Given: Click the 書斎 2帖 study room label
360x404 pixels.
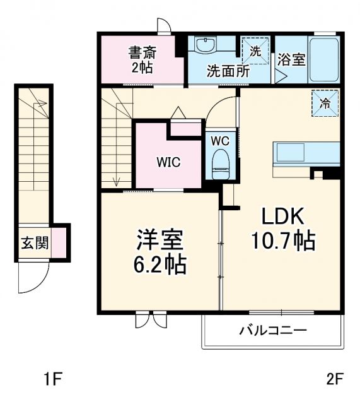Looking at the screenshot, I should click(x=143, y=59).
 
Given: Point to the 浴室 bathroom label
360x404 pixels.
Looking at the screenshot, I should click(x=291, y=60).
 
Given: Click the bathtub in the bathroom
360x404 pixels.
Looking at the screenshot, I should click(x=325, y=59).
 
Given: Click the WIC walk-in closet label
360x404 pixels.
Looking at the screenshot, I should click(x=168, y=162).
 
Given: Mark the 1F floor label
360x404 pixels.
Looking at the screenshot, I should click(x=53, y=379).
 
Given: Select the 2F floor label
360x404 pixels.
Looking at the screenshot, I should click(x=334, y=379).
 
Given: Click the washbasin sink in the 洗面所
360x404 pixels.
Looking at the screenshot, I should click(x=205, y=45).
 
